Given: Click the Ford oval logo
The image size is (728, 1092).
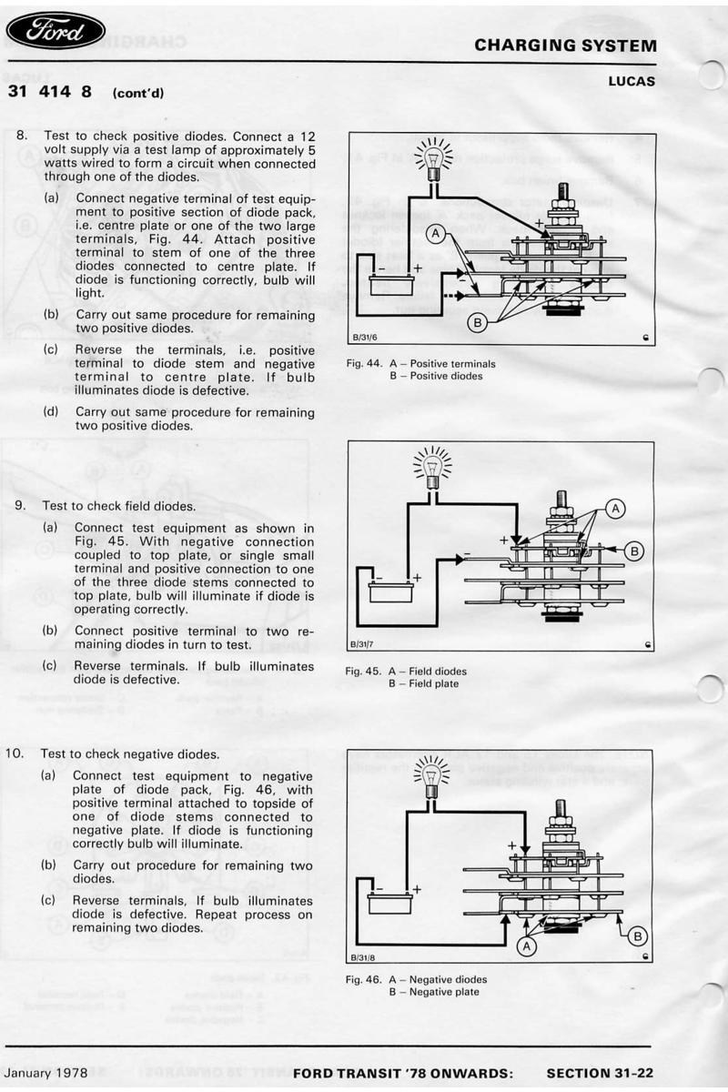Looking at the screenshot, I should click(x=56, y=32).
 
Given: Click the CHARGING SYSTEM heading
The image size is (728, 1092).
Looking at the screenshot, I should click(x=565, y=45).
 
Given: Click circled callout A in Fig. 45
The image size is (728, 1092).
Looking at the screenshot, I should click(x=616, y=509).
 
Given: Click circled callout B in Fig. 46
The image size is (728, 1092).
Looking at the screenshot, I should click(x=639, y=935).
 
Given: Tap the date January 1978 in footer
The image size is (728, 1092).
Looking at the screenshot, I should click(x=46, y=1073).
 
